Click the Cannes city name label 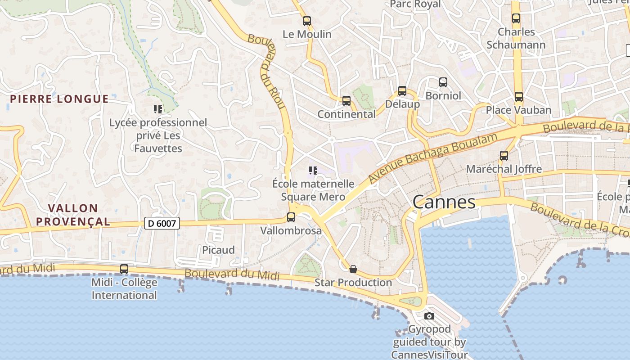coord(444,202)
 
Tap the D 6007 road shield coord(162,223)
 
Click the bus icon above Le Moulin coord(307,21)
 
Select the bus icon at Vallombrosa coord(291,217)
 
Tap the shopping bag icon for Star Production coord(353,269)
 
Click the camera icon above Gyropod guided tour coord(429,316)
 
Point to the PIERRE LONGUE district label coord(59,99)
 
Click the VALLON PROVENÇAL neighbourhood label coord(73,215)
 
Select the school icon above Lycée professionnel coord(157,109)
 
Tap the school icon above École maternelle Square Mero coord(313,170)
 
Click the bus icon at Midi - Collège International coord(124,269)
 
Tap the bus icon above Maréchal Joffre coord(504,156)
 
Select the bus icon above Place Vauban coord(519,96)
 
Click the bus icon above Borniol coord(443,82)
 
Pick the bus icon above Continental coord(346,100)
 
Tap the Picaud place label coord(218,250)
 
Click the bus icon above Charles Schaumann coord(516,18)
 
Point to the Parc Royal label coord(415,4)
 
